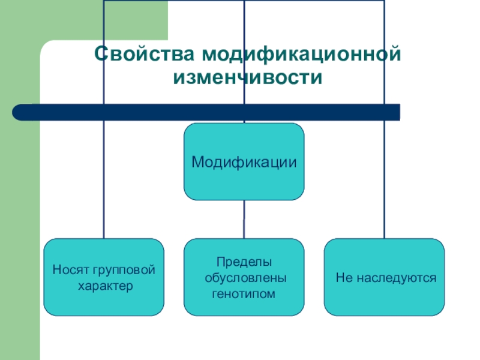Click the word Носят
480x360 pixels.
point(68,270)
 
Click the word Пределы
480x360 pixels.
point(244,262)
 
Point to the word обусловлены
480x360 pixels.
point(244,278)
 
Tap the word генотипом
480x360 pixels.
point(244,293)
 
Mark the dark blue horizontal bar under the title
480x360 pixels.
point(207,112)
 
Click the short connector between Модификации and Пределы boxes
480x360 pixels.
point(244,219)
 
